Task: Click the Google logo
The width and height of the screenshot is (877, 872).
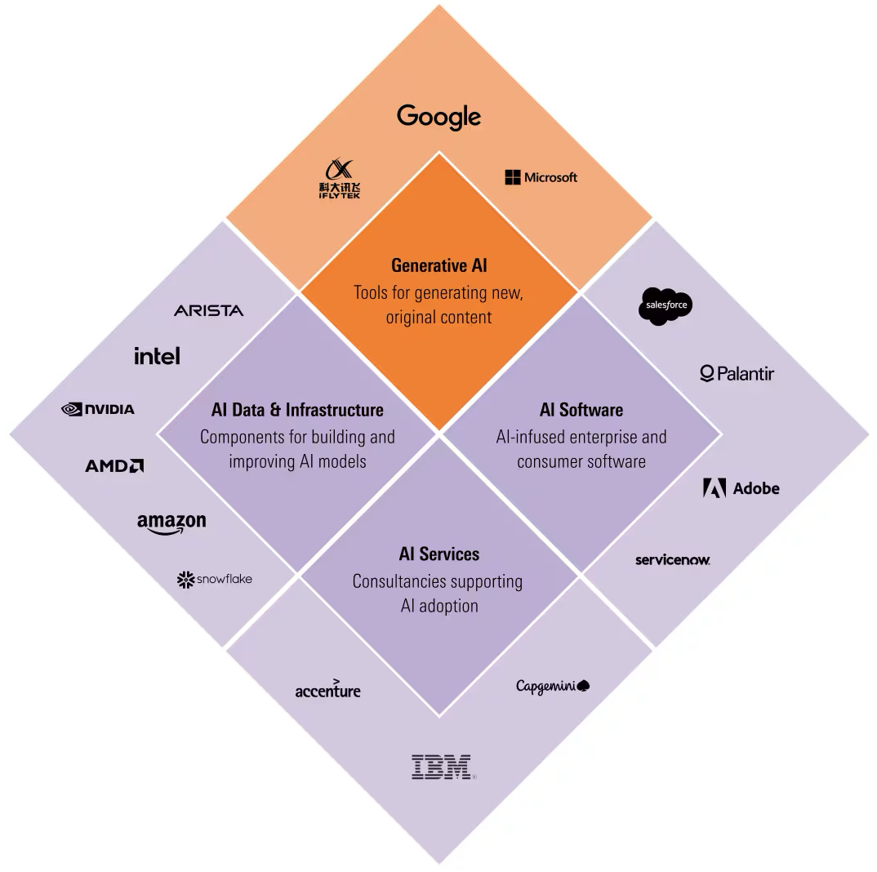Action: (x=438, y=117)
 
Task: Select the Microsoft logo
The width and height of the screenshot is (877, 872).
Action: (x=541, y=177)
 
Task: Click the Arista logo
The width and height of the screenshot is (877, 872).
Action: (x=208, y=310)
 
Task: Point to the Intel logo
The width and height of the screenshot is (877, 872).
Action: (x=157, y=355)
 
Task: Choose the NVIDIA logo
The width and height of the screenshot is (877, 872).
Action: (x=98, y=409)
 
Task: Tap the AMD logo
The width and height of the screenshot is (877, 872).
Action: (x=114, y=465)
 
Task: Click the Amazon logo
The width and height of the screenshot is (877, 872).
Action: (x=171, y=523)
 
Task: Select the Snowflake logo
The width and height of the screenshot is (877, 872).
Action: (x=215, y=580)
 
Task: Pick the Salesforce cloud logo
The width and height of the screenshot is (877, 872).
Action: (x=665, y=306)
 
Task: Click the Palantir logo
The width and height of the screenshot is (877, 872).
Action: (x=737, y=374)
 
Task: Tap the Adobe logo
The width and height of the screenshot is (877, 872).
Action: (x=741, y=488)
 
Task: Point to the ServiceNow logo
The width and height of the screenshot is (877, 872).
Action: (x=672, y=560)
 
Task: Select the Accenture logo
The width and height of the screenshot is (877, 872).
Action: (x=327, y=690)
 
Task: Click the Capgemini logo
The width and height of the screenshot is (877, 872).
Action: (x=552, y=686)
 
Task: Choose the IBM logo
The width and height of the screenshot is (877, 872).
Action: (x=442, y=767)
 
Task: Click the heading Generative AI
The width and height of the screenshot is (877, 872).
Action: (x=438, y=265)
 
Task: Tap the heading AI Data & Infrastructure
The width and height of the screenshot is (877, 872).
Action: (x=297, y=410)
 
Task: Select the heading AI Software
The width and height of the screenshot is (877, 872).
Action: (x=581, y=410)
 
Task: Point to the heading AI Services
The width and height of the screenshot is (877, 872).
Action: (x=438, y=554)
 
